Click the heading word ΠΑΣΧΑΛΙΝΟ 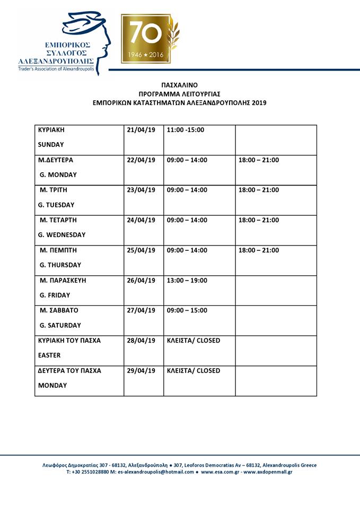tap(179, 84)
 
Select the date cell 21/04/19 tap(142, 130)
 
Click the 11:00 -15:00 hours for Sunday tap(186, 130)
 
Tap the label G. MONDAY tap(58, 174)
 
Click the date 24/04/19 tap(142, 220)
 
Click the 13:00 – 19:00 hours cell tap(187, 280)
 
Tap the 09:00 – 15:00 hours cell tap(187, 311)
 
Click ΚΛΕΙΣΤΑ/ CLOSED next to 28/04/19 tap(194, 340)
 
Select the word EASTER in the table tap(50, 355)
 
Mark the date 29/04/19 tap(142, 371)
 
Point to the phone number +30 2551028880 tap(91, 472)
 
